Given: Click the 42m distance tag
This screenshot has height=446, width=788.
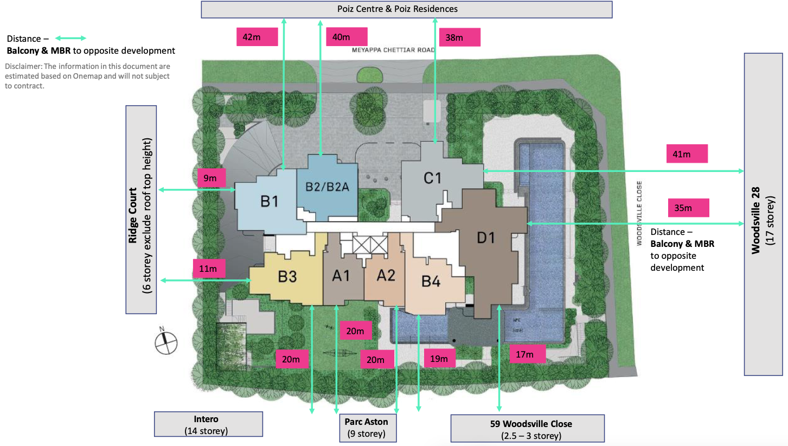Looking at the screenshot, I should click(x=257, y=37).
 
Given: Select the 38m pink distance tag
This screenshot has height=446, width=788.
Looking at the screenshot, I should click(x=460, y=37).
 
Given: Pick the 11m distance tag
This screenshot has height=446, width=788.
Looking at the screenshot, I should click(x=209, y=269).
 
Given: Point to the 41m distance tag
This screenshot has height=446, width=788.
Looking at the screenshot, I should click(x=687, y=154).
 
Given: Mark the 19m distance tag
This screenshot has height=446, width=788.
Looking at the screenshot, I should click(x=439, y=359).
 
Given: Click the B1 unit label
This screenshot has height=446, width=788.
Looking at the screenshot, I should click(x=269, y=201).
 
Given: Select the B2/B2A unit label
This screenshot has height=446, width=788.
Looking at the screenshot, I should click(x=327, y=187).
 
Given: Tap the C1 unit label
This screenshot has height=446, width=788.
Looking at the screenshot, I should click(x=432, y=177).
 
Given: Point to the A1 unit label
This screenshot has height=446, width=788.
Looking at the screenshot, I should click(x=341, y=276).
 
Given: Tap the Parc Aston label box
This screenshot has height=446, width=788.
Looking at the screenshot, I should click(x=366, y=428).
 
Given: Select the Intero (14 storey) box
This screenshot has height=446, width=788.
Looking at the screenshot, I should click(x=208, y=424).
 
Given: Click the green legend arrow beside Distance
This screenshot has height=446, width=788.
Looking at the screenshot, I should click(x=71, y=39).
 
